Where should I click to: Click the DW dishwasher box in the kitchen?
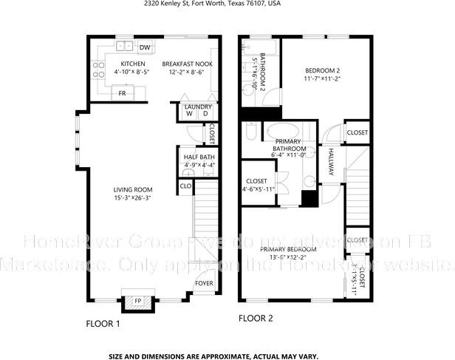click(x=144, y=48)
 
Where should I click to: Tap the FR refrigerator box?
click(x=122, y=94)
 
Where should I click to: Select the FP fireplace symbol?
click(x=137, y=300)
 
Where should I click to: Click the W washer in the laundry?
click(x=189, y=114)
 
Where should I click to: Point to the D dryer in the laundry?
click(x=205, y=114)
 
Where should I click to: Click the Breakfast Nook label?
click(x=188, y=64)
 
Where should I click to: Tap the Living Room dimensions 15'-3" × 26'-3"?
click(x=132, y=197)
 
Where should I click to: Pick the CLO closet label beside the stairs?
click(x=186, y=186)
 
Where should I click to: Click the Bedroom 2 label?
click(x=321, y=69)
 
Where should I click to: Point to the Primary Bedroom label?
click(x=288, y=249)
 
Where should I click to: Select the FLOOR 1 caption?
click(x=103, y=323)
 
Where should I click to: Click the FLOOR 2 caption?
click(x=256, y=319)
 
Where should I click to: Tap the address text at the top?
click(x=227, y=4)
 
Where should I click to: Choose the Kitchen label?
click(x=133, y=64)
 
